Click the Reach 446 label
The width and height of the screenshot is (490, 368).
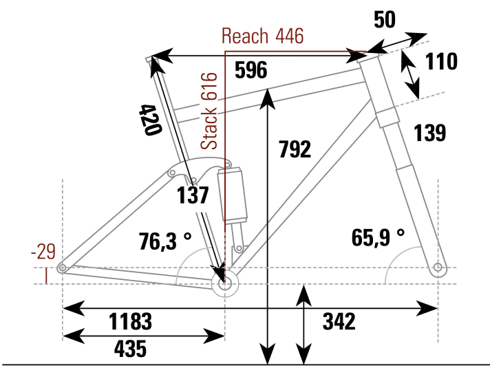(262, 36)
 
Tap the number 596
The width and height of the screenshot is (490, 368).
(251, 69)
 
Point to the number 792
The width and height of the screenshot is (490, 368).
(295, 149)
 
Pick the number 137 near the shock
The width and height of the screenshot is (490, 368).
(192, 195)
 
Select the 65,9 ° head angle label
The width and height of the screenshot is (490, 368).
(378, 237)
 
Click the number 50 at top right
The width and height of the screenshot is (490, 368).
(385, 20)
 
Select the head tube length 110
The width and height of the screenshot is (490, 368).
(441, 62)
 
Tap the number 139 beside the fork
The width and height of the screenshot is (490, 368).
(430, 133)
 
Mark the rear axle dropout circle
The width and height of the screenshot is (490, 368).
(63, 268)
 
